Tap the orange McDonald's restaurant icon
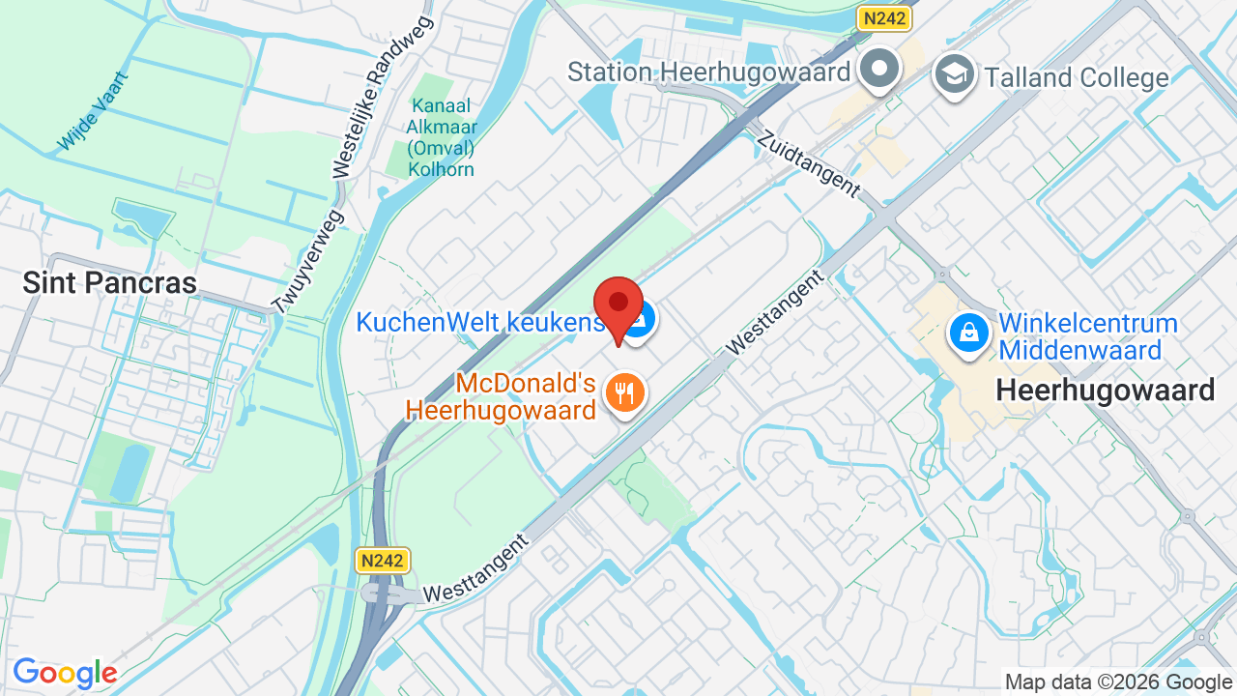coord(625,392)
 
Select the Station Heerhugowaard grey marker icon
coord(879,69)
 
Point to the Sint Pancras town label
coord(109,282)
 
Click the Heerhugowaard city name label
coord(1105,390)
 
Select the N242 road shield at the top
coord(885,18)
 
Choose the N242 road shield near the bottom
coord(383,561)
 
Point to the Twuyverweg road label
coord(307,262)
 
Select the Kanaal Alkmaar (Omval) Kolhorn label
coord(442,137)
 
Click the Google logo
coord(65,674)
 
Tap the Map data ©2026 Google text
coord(1118,682)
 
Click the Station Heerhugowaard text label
coord(708,72)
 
